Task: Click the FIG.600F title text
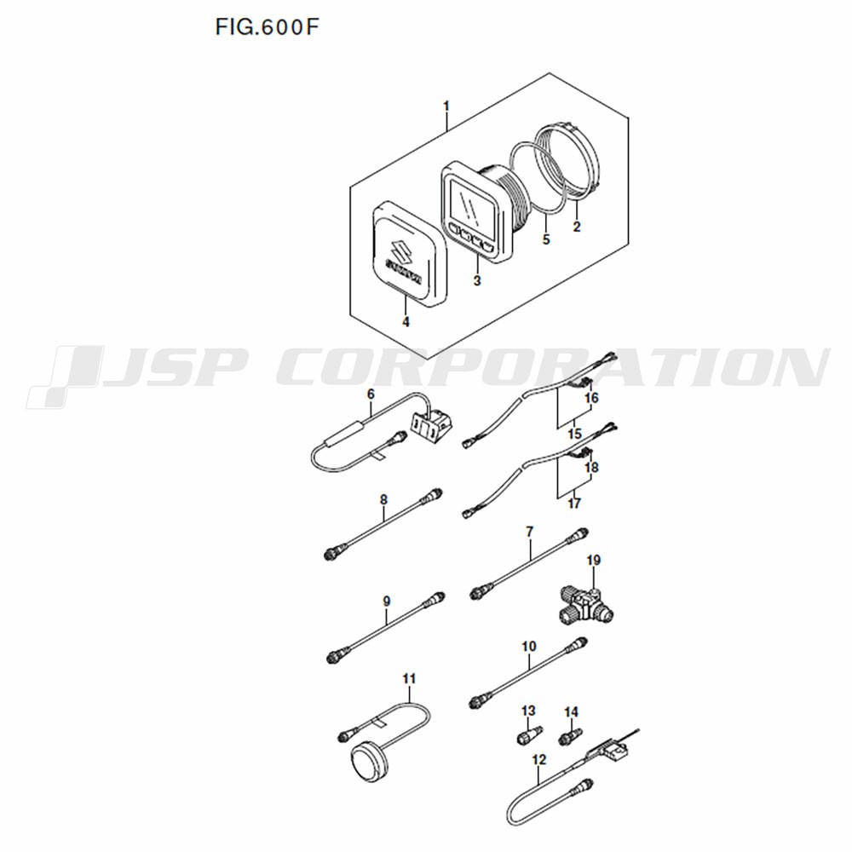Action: [266, 27]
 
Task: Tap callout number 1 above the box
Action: [446, 106]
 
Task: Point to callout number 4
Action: [406, 322]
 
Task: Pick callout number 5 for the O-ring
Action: [546, 239]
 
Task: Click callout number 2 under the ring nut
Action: [577, 226]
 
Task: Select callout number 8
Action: [383, 498]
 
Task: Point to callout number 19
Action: [593, 560]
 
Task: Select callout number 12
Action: [539, 759]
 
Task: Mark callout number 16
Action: [591, 398]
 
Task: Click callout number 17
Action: [574, 504]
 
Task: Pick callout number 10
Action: [529, 646]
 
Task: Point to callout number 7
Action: [530, 532]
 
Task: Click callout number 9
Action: [386, 601]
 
